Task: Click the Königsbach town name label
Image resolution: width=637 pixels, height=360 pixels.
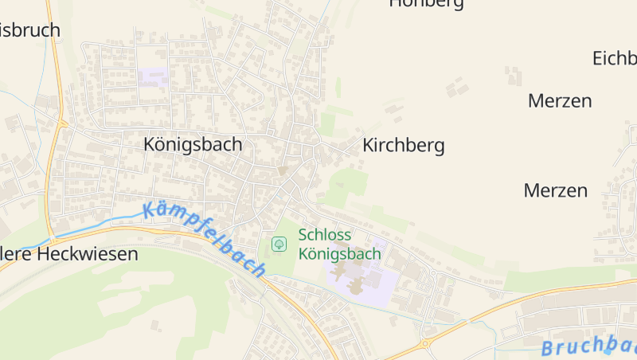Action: (193, 145)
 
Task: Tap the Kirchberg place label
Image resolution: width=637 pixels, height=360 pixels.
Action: (403, 146)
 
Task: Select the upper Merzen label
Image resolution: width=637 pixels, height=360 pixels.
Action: (560, 101)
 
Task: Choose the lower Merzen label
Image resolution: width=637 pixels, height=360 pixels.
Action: (556, 190)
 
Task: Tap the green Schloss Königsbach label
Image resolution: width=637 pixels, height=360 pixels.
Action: (339, 245)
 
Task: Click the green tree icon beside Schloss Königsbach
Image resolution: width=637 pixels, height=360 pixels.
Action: (279, 244)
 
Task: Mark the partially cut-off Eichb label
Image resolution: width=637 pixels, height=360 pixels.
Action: (616, 58)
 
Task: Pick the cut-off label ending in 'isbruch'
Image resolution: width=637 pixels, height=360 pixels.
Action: (30, 30)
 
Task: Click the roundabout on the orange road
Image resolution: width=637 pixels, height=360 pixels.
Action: (424, 343)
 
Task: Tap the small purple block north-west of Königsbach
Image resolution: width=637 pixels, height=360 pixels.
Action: (153, 77)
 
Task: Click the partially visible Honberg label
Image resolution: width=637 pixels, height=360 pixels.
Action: (426, 4)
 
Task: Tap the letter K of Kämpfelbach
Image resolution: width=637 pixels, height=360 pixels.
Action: (150, 209)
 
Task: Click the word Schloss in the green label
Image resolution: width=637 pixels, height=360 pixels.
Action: (324, 235)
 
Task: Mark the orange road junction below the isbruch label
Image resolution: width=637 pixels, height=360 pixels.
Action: (61, 123)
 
